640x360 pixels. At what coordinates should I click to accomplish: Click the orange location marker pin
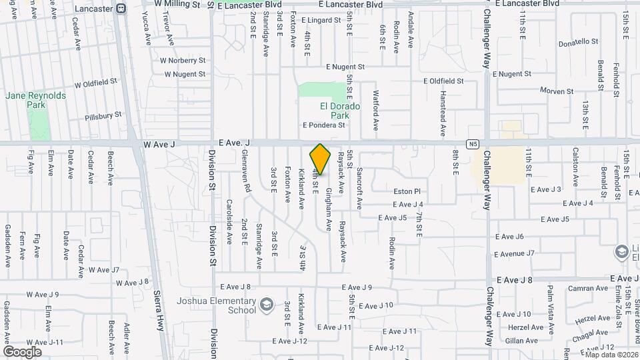click(x=321, y=159)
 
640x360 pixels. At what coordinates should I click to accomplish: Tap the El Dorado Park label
click(x=340, y=111)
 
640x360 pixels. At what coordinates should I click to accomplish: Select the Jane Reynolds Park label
click(x=36, y=100)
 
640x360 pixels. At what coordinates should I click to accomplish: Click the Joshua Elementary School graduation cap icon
click(x=267, y=304)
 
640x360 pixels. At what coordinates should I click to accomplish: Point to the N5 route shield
click(x=472, y=143)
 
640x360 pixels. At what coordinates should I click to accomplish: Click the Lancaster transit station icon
click(x=121, y=9)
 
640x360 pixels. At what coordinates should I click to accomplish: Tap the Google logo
click(x=22, y=351)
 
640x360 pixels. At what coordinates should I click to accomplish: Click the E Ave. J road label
click(x=234, y=143)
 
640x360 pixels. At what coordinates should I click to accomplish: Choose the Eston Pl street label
click(x=407, y=191)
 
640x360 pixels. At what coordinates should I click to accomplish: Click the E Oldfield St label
click(x=443, y=81)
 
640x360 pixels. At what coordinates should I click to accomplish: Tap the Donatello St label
click(x=579, y=41)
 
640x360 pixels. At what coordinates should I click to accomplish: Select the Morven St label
click(x=557, y=91)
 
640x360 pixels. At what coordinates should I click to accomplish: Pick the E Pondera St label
click(x=324, y=125)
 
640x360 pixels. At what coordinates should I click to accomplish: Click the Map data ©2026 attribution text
click(x=611, y=354)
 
